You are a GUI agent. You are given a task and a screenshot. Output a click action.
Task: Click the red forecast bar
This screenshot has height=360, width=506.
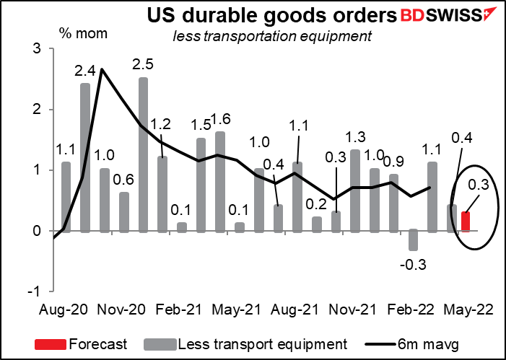(466, 221)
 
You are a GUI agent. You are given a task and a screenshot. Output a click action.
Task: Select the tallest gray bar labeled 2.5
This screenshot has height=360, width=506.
(143, 154)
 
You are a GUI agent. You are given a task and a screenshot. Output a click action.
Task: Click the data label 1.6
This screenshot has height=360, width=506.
(220, 119)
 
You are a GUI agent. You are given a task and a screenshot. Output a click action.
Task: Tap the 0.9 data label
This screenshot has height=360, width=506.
(393, 162)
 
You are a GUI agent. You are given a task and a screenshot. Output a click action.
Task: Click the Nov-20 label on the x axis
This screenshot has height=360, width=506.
(121, 310)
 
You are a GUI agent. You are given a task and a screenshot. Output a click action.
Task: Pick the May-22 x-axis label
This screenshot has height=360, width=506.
(468, 310)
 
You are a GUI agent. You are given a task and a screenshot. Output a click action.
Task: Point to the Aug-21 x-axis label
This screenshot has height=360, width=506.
(295, 310)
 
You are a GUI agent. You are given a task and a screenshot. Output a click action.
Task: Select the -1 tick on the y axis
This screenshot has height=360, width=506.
(40, 291)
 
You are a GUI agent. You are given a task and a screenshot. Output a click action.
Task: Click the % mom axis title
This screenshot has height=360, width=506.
(83, 33)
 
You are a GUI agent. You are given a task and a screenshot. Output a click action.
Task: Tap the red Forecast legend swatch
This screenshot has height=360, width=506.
(50, 344)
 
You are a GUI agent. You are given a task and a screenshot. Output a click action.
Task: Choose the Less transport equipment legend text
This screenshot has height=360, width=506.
(263, 344)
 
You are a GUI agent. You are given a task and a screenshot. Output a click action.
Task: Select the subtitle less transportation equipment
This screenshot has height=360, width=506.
(272, 37)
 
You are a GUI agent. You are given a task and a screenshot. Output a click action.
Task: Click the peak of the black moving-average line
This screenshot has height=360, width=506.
(102, 69)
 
